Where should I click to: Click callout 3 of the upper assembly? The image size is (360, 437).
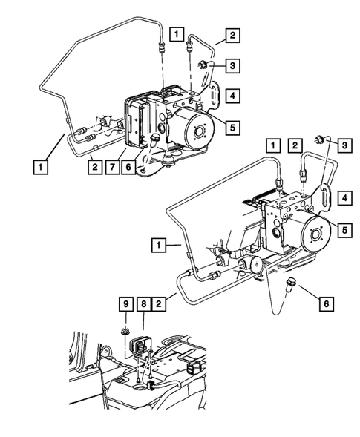[232, 67]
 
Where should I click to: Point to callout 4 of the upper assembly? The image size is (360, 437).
[232, 96]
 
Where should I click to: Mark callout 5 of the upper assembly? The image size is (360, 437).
[232, 127]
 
